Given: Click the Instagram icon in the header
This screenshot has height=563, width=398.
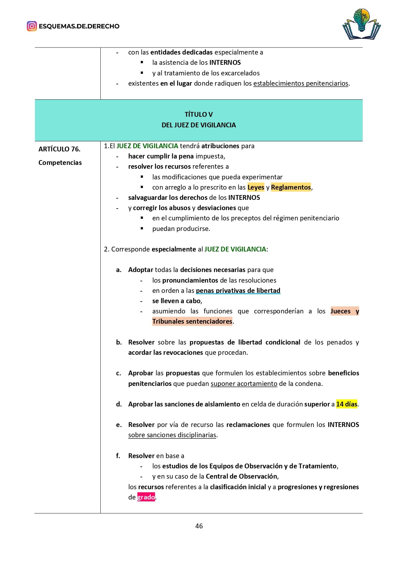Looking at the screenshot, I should (32, 26).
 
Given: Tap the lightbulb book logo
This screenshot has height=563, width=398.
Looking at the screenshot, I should (361, 24).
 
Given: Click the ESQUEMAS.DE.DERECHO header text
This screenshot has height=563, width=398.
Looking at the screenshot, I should (79, 26).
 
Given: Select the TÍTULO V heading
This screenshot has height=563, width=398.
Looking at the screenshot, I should (199, 115).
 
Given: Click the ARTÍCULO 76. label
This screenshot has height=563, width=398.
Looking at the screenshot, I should (59, 149).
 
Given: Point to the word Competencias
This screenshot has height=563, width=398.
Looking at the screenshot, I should (60, 163).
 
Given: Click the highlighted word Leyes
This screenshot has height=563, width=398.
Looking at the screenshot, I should (256, 187).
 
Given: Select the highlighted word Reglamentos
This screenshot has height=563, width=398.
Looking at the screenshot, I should (291, 187).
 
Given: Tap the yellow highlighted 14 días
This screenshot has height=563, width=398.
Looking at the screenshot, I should (346, 404).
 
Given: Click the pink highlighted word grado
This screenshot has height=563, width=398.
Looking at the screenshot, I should (146, 497).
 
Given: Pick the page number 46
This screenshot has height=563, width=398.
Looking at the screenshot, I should (199, 526).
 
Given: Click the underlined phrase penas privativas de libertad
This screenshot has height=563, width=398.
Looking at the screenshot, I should (238, 291).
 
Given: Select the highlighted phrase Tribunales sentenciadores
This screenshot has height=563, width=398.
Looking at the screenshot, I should (192, 321).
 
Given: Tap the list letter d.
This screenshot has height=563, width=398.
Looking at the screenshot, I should (119, 404).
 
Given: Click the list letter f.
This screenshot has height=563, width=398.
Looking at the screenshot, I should (118, 456).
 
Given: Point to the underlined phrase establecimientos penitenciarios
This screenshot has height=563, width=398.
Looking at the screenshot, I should (301, 83).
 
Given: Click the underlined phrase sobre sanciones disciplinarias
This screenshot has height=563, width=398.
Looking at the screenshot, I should (172, 435).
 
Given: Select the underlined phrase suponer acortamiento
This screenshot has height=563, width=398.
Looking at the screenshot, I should (244, 384).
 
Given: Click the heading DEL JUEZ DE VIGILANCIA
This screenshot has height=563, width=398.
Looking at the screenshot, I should (199, 125).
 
